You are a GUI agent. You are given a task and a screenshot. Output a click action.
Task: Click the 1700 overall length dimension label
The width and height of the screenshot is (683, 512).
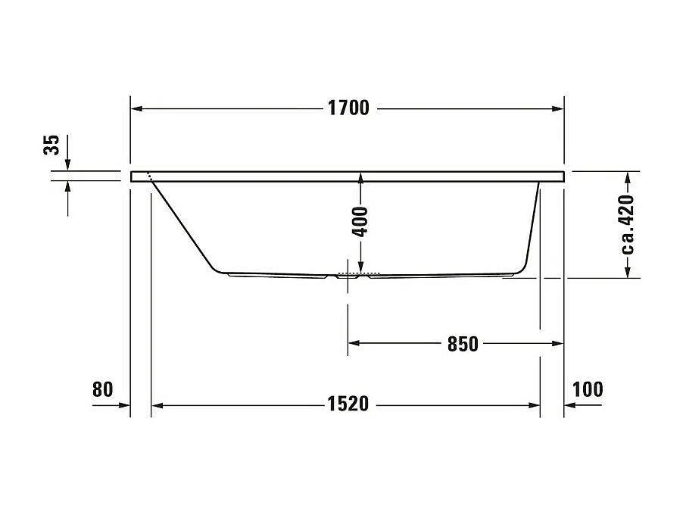(x=348, y=108)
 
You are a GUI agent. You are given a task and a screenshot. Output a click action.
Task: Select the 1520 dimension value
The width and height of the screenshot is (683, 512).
(x=348, y=404)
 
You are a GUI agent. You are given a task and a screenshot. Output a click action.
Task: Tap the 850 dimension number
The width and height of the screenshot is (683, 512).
(x=463, y=344)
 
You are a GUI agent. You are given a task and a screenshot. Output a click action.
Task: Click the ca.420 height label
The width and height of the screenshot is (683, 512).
(x=626, y=224)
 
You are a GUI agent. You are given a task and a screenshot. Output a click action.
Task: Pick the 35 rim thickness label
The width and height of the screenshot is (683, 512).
(x=51, y=145)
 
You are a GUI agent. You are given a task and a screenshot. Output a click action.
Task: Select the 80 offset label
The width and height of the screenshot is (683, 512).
(x=102, y=389)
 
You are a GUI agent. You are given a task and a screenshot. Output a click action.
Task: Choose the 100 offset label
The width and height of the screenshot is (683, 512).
(x=588, y=389)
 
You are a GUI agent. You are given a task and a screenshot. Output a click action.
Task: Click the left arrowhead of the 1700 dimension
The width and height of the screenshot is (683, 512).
(x=137, y=108)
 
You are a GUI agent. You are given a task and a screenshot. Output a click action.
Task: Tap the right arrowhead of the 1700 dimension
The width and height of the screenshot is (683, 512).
(x=558, y=108)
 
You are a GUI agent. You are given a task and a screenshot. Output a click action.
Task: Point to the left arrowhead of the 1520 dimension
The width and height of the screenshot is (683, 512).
(x=157, y=405)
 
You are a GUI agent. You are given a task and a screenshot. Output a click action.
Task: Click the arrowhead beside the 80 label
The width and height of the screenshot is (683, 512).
(x=124, y=405)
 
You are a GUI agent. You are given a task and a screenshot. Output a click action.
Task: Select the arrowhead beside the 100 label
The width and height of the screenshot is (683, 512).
(x=570, y=405)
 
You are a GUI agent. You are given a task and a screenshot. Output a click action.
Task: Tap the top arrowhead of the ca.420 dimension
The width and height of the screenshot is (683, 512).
(x=628, y=177)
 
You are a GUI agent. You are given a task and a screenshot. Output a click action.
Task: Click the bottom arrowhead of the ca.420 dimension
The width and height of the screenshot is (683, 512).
(x=628, y=272)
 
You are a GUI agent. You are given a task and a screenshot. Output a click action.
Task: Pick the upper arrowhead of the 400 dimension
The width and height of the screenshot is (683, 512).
(x=360, y=178)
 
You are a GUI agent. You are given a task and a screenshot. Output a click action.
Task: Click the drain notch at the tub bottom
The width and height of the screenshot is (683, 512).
(x=349, y=276)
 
